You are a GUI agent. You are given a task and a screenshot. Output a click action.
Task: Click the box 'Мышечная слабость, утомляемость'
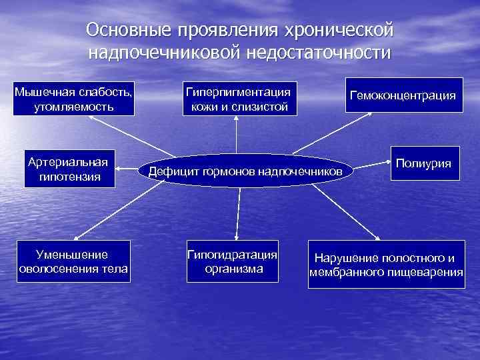tap(74, 98)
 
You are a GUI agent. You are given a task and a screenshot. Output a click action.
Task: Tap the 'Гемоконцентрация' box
tap(403, 95)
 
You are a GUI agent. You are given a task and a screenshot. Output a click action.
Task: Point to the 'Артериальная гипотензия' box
tap(69, 169)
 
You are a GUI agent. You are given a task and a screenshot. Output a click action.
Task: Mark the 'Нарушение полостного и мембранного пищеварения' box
tap(386, 265)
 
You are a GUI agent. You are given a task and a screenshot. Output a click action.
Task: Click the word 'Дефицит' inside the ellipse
tap(169, 172)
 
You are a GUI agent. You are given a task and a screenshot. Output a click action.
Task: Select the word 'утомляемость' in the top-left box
tap(74, 106)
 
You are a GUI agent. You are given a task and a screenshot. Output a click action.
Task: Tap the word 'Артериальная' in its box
tap(69, 162)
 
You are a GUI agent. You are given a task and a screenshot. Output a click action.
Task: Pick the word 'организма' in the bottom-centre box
tap(233, 269)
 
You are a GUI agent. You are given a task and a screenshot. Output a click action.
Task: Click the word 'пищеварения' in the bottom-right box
tap(426, 272)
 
